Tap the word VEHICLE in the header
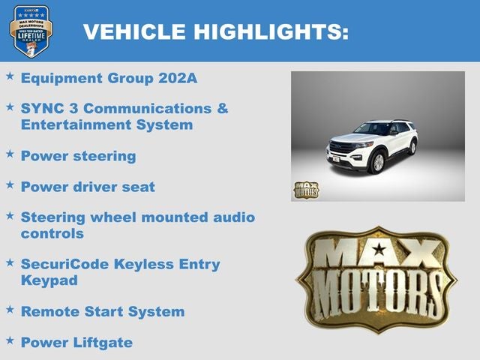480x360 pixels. (x=134, y=31)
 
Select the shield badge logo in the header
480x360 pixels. (x=31, y=31)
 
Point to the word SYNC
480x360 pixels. (x=41, y=108)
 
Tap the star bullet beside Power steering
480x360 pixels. (x=10, y=153)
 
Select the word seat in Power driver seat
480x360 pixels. (x=139, y=187)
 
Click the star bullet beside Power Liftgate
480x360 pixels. (x=10, y=339)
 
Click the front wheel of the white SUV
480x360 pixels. (x=377, y=161)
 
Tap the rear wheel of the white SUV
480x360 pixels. (x=412, y=147)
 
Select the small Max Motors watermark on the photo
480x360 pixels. (x=305, y=189)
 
